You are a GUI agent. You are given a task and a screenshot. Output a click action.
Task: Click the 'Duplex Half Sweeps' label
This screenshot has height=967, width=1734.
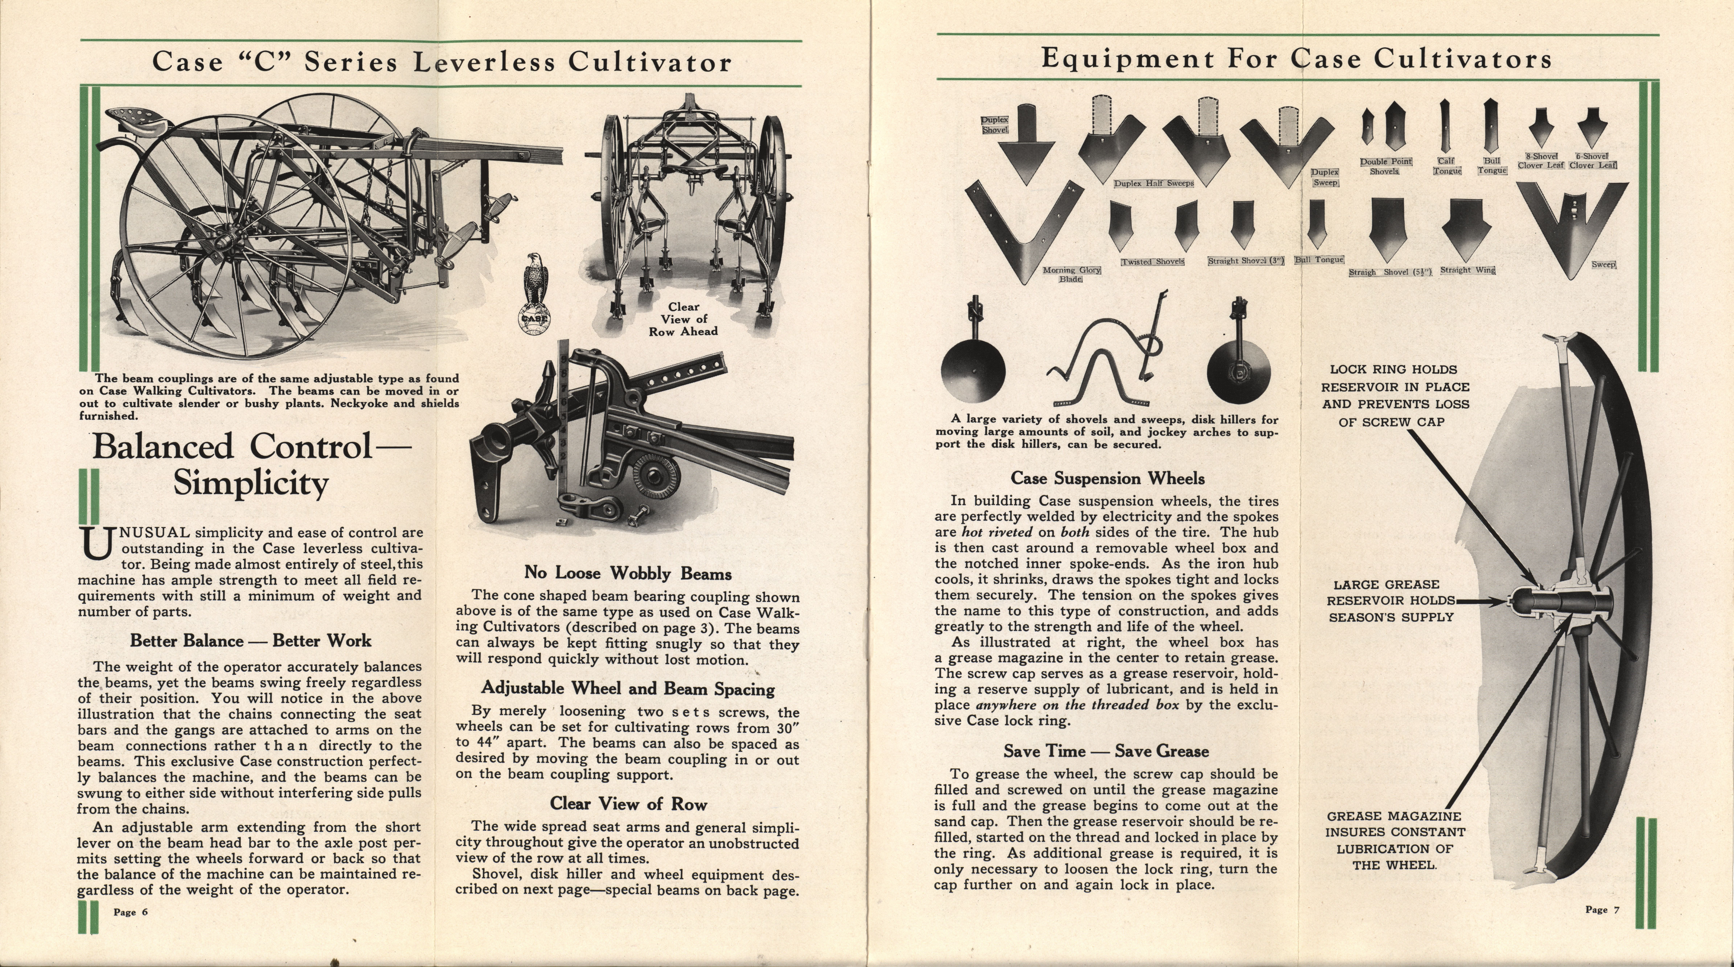coord(1154,183)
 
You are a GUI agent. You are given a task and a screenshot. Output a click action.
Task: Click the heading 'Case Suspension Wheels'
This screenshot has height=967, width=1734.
coord(1107,479)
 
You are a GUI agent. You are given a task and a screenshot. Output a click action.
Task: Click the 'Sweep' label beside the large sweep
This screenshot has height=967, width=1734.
coord(1603,265)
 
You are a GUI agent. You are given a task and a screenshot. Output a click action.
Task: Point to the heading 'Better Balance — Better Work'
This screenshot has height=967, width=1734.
coord(250,640)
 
